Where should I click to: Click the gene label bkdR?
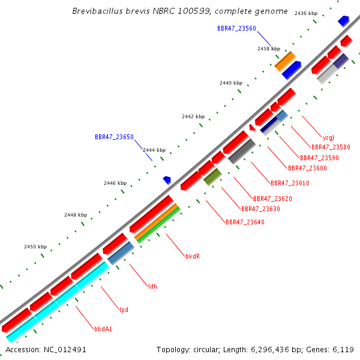[193, 256]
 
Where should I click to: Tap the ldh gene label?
[152, 286]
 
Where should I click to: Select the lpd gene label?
[124, 310]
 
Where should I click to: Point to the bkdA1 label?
[103, 329]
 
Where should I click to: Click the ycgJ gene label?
[328, 137]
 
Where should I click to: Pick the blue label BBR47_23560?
[236, 28]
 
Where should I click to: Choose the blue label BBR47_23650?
[114, 137]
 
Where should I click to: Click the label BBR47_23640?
[245, 222]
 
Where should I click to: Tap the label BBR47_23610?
[290, 183]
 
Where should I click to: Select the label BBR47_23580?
[331, 147]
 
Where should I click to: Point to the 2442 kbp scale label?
[193, 116]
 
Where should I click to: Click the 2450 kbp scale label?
[35, 247]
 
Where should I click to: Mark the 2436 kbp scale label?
[306, 13]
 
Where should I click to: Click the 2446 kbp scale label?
[115, 183]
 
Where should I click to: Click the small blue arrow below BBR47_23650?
[167, 180]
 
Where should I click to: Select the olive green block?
[212, 177]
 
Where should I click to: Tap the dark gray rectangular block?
[242, 151]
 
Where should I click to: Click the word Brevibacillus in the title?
[98, 11]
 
